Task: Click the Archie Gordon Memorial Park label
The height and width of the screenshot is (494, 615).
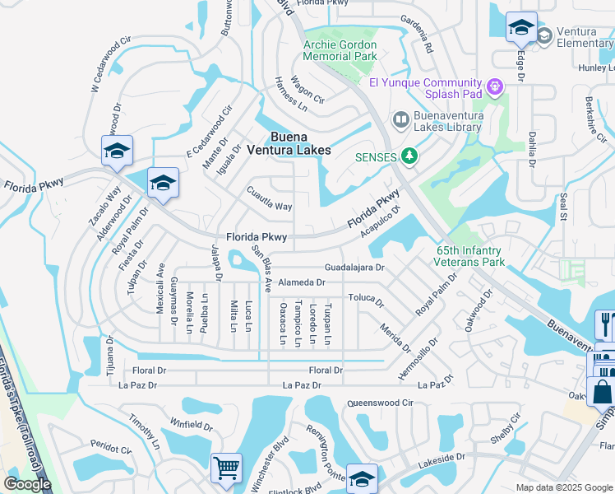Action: [x=340, y=50]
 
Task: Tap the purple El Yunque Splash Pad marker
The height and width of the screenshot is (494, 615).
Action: [x=494, y=86]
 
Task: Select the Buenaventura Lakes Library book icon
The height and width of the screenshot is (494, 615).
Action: [x=400, y=120]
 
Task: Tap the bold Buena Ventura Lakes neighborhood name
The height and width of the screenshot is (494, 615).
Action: [x=289, y=143]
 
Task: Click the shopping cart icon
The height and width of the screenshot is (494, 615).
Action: [x=226, y=468]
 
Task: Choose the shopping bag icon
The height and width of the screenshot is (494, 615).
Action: [x=603, y=392]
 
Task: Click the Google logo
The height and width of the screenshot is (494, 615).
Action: [x=27, y=484]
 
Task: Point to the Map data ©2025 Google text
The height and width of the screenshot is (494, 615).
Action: [x=563, y=487]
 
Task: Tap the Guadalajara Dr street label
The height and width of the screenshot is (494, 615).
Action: [x=354, y=268]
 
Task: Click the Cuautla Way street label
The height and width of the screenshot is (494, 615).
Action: [x=270, y=199]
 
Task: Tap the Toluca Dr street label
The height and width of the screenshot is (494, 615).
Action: [x=366, y=299]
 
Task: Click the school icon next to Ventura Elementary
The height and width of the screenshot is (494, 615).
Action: [x=520, y=28]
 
